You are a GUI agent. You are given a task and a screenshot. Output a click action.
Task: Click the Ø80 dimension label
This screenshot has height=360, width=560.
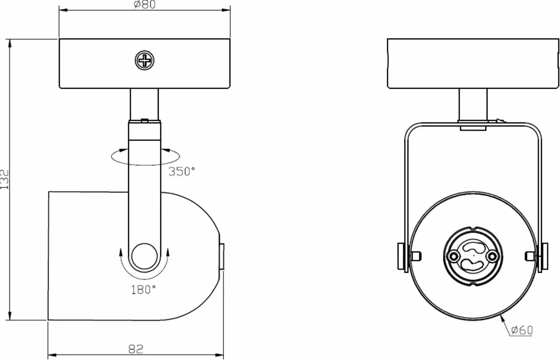(145, 4)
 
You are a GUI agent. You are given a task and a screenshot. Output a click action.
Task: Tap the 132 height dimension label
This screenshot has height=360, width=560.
(5, 180)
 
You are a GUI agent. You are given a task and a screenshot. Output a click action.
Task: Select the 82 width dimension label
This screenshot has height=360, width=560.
(136, 349)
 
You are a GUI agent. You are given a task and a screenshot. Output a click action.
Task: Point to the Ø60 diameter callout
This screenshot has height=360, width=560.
(522, 330)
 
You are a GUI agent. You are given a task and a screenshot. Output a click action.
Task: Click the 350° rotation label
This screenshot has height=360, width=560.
(182, 172)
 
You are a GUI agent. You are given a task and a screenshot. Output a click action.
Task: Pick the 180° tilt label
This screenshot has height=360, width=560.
(144, 290)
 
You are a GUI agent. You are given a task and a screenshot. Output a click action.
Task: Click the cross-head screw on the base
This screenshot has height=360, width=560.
(145, 60)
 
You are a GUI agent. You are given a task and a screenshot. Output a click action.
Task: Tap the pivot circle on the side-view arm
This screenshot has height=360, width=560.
(145, 256)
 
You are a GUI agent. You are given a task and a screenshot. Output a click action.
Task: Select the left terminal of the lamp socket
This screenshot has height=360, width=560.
(453, 256)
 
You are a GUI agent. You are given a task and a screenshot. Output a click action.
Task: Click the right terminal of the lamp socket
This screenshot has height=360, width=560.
(492, 256)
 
